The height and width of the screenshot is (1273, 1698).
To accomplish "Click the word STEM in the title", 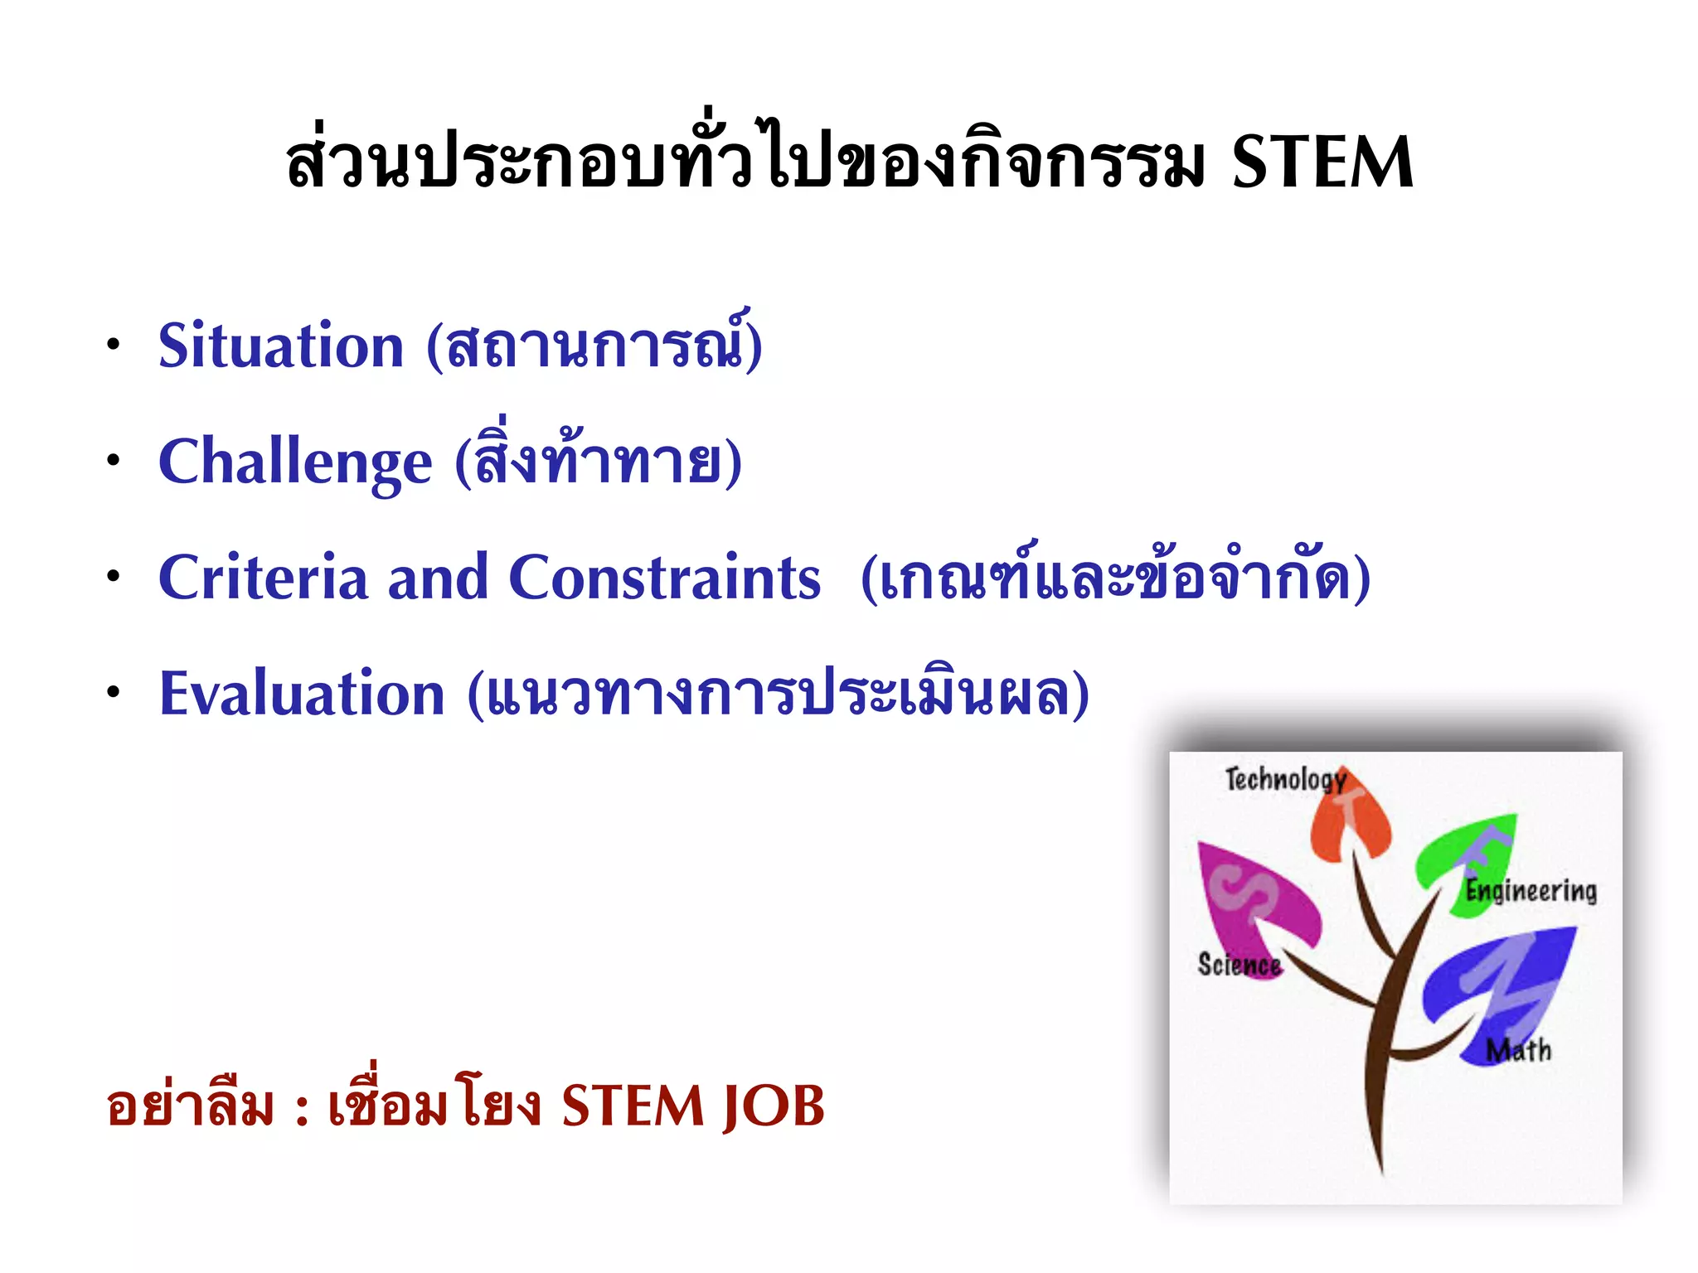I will click(1322, 163).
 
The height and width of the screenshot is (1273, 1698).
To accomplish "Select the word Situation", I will click(280, 346).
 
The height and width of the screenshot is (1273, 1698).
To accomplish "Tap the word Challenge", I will click(294, 462).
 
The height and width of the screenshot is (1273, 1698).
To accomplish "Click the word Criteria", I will click(263, 578).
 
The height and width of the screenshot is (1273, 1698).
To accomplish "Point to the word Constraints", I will click(664, 578).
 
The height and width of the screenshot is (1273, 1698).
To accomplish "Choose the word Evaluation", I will click(302, 694).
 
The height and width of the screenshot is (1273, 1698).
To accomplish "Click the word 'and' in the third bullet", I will click(438, 578).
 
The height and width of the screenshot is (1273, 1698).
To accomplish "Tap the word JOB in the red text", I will click(773, 1106).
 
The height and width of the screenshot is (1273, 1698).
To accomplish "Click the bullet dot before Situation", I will click(114, 346).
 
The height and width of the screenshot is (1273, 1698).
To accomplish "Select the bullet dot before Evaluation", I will click(114, 694).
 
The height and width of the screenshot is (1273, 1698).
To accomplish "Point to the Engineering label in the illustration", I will click(1531, 891).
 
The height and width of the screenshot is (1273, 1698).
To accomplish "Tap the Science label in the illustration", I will click(1239, 965).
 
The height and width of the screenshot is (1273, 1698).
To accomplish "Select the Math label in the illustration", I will click(1517, 1050).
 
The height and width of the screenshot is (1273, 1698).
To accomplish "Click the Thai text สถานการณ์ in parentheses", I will click(594, 346).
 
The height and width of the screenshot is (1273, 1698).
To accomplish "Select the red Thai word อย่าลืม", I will click(190, 1106).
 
